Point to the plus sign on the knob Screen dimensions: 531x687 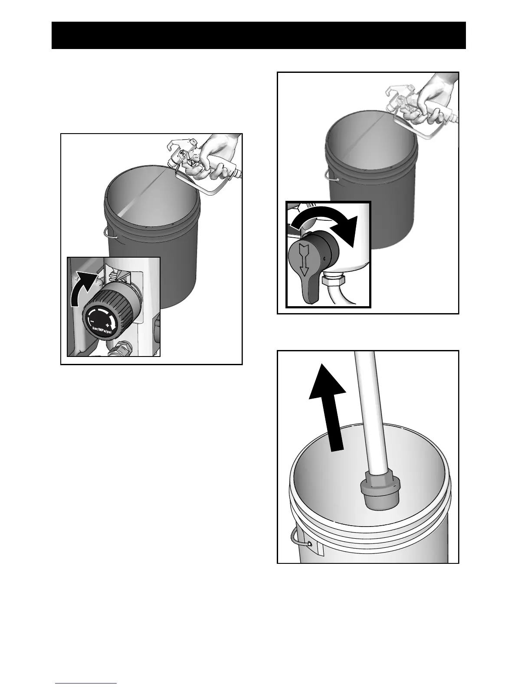[x=107, y=325]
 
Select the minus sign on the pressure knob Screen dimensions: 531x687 [x=91, y=321]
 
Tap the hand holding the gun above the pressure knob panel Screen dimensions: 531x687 [x=219, y=156]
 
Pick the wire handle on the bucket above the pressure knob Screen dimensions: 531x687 [x=110, y=234]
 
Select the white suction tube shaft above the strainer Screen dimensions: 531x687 [x=372, y=412]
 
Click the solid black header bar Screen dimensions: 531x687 [x=259, y=35]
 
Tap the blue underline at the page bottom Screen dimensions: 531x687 [x=86, y=684]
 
